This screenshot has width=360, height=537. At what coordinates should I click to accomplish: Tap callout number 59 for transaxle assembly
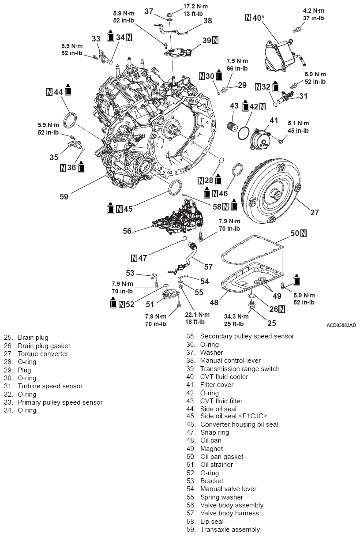[x=64, y=197]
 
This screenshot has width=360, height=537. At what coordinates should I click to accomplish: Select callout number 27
[x=314, y=213]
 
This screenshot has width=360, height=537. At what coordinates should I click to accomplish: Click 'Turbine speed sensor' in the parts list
[x=50, y=386]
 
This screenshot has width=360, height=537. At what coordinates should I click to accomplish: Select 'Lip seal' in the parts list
[x=212, y=522]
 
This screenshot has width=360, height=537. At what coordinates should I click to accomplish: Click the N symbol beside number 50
[x=304, y=233]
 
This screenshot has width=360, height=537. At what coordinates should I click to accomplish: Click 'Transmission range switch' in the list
[x=240, y=369]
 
